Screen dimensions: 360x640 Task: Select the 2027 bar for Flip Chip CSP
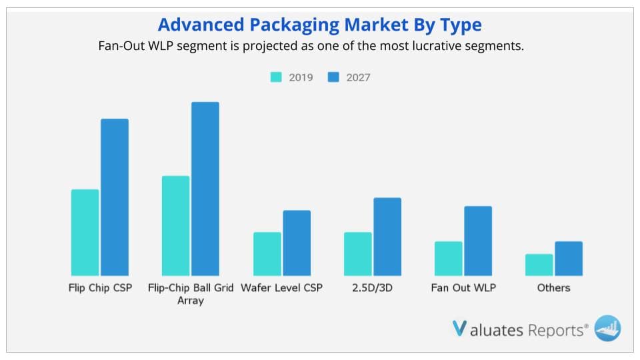(115, 197)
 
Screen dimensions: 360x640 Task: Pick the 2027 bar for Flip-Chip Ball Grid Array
(205, 189)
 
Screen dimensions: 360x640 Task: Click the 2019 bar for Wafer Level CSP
(267, 253)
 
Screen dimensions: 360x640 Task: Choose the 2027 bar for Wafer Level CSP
(297, 243)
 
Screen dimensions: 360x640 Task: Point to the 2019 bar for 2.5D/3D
(357, 253)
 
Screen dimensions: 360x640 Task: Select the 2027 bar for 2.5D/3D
(387, 237)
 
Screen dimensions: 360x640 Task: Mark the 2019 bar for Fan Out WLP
(448, 258)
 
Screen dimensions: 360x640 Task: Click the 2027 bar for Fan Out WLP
(478, 241)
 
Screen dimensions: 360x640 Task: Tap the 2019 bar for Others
(539, 265)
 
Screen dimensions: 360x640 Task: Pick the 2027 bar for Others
(569, 258)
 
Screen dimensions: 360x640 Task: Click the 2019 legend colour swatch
(276, 77)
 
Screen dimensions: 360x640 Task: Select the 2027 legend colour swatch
(334, 77)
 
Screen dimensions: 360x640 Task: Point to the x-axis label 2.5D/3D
(373, 288)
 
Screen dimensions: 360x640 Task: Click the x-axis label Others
(553, 288)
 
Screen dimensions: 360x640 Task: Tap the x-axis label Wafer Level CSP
(281, 288)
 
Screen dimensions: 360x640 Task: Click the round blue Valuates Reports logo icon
(607, 327)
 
